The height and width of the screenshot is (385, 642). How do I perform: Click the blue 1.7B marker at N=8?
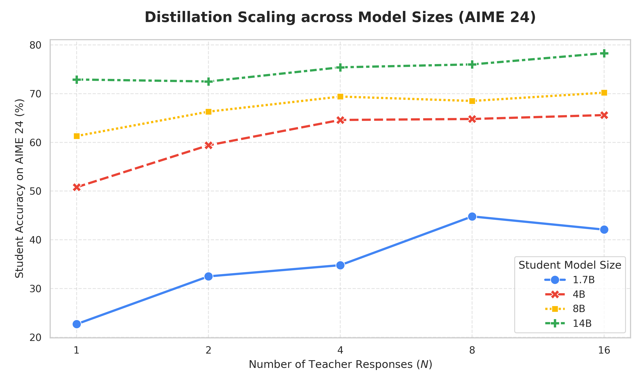pos(472,216)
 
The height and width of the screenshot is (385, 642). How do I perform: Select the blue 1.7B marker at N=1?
pos(77,324)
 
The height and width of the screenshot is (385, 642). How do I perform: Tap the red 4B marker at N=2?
pos(208,145)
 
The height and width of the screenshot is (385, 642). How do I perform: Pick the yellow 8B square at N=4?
pos(340,96)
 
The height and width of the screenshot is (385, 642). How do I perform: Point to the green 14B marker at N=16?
pos(604,53)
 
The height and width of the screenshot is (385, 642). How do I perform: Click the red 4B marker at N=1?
pos(77,187)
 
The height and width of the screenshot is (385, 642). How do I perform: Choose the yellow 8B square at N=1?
pos(77,136)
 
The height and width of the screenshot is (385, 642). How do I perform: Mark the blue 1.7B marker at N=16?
pos(604,230)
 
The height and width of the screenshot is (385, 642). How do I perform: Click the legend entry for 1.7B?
pos(570,280)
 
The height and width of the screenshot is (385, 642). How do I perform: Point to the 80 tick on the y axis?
pos(35,45)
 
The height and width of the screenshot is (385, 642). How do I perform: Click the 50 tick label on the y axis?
pos(35,191)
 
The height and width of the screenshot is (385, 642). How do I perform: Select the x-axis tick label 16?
pos(604,351)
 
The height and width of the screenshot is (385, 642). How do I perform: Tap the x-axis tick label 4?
pos(340,351)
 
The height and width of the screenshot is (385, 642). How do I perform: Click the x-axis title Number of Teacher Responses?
pos(331,364)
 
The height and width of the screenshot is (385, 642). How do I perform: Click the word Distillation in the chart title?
pos(188,17)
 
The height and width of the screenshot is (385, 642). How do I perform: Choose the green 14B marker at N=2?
pos(208,82)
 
